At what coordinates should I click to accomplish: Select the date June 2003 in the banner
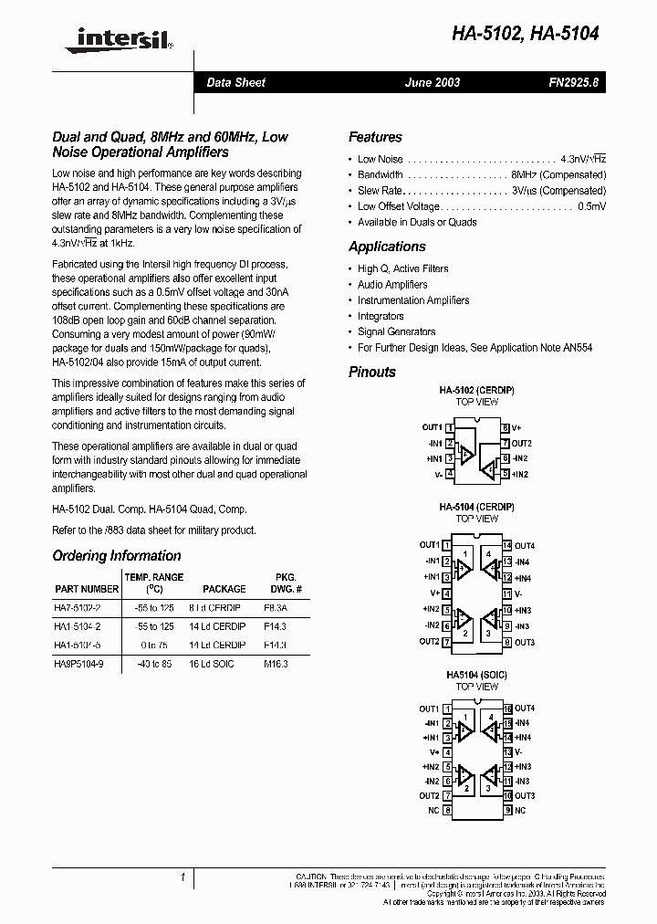[433, 82]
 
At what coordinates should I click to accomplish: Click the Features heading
[375, 137]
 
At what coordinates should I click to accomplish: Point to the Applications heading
[387, 247]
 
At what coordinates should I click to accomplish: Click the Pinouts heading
[372, 372]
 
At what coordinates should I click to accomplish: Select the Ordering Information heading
[117, 555]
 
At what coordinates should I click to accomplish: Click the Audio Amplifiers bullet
[392, 285]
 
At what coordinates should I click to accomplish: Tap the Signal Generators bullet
[396, 331]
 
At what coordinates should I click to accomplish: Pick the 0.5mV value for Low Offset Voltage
[591, 206]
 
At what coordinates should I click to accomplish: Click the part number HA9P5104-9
[78, 664]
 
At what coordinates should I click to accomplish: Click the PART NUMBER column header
[87, 589]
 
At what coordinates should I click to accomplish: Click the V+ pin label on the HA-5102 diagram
[517, 427]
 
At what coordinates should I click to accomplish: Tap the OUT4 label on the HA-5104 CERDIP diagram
[525, 545]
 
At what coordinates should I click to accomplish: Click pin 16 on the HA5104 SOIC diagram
[506, 709]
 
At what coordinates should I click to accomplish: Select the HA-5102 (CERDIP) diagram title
[476, 390]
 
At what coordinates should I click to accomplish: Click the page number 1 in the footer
[182, 877]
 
